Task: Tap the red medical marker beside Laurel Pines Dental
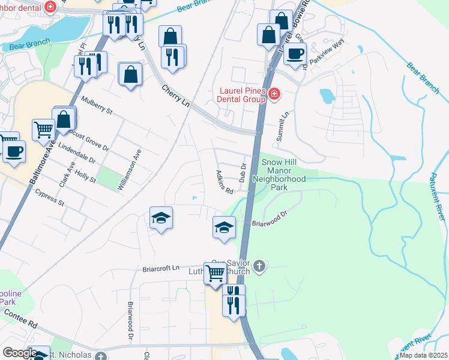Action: [x=274, y=94]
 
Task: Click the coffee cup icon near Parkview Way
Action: [x=294, y=53]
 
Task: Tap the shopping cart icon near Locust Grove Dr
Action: [x=43, y=129]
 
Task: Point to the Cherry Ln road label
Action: [x=176, y=95]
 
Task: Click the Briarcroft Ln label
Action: [x=161, y=268]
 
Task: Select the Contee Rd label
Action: [x=21, y=317]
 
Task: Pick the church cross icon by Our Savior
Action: [x=259, y=266]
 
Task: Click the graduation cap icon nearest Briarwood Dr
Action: [x=224, y=228]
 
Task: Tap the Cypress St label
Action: [x=49, y=198]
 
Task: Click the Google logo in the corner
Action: [x=20, y=353]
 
